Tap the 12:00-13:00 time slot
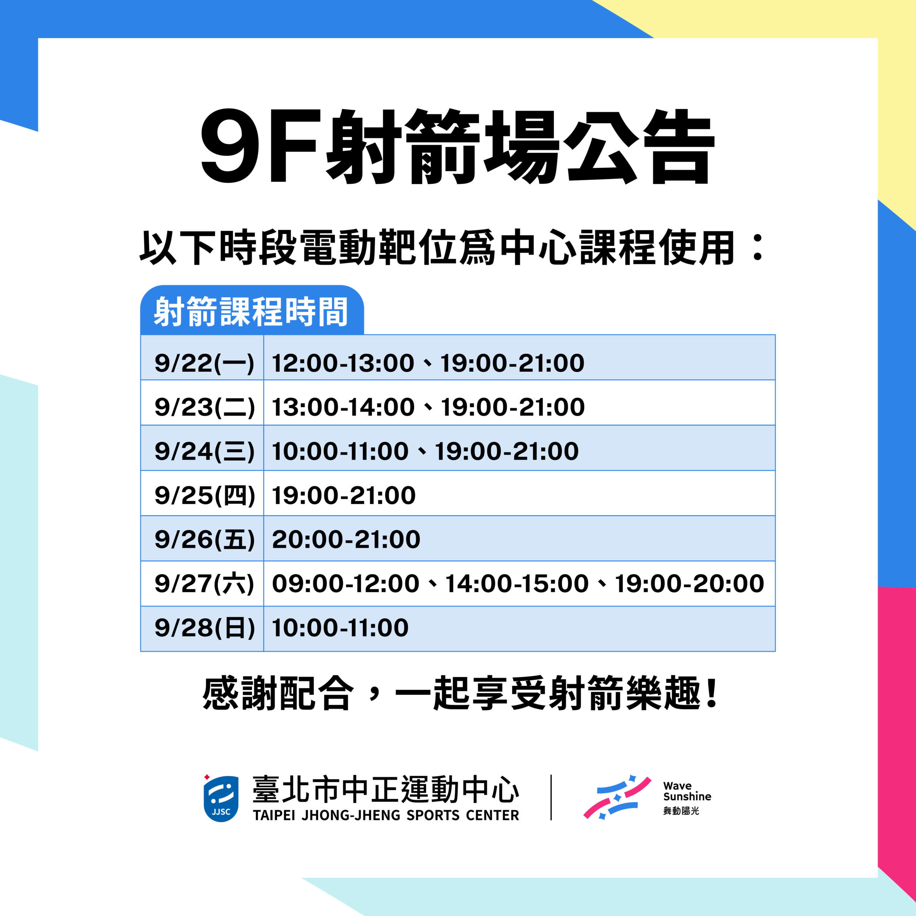[x=343, y=363]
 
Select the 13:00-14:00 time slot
[x=343, y=407]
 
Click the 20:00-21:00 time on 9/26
[x=346, y=540]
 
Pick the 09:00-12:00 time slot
[x=346, y=584]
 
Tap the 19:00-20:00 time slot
[x=690, y=584]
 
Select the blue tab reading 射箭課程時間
[x=252, y=310]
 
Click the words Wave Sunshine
[x=687, y=791]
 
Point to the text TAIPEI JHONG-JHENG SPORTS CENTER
[x=386, y=815]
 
